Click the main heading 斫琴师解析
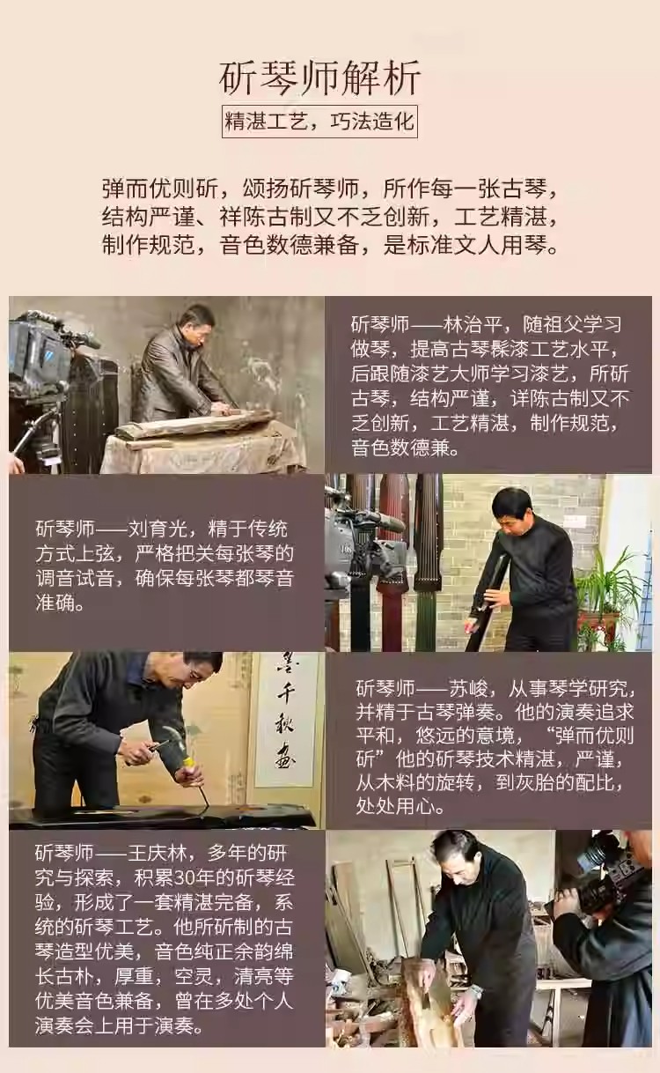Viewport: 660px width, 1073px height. (x=319, y=79)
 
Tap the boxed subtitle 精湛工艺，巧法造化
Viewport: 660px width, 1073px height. (x=319, y=122)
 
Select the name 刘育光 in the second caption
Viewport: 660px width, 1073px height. (x=157, y=529)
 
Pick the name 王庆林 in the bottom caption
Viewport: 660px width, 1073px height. (x=157, y=853)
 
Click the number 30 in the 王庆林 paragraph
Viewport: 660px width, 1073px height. (x=183, y=878)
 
